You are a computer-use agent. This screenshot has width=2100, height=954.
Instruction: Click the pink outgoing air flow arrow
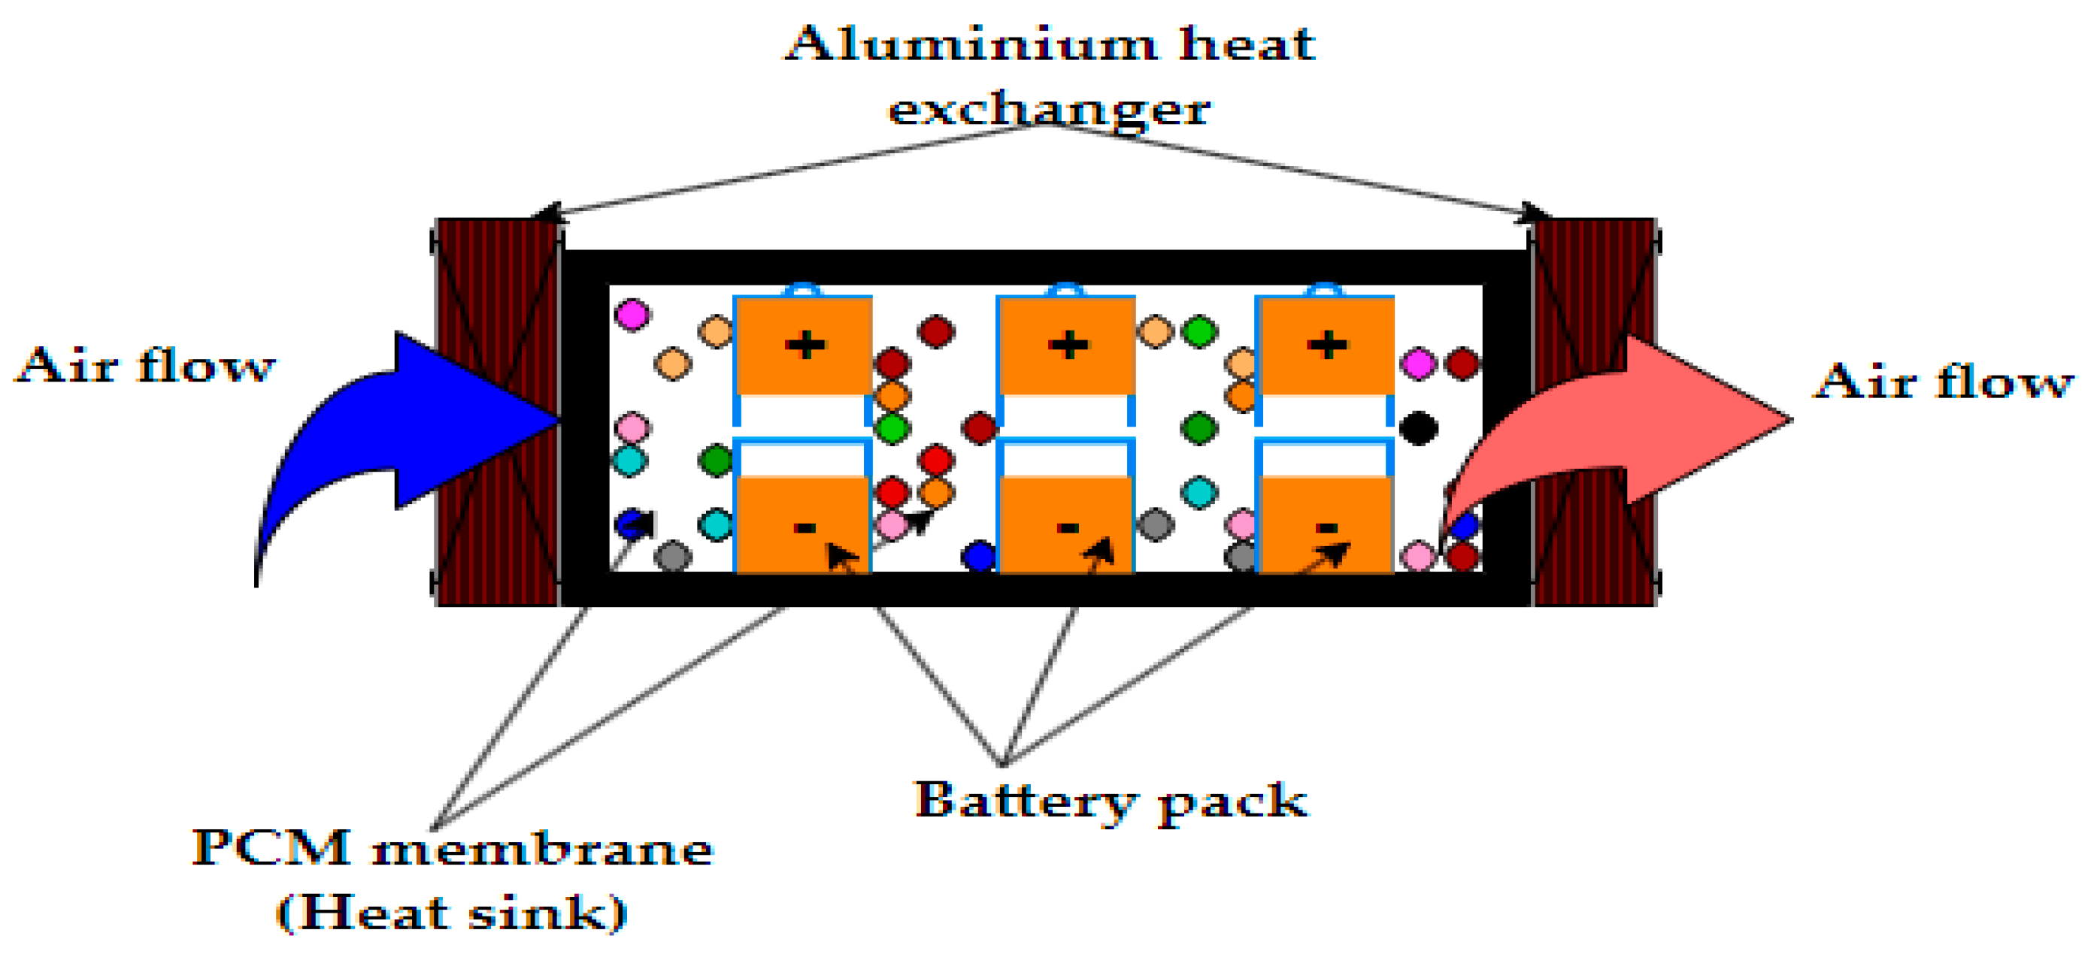1671,424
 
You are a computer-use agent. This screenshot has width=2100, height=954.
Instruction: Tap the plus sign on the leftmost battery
805,346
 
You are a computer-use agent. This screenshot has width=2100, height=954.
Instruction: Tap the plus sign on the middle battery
1068,346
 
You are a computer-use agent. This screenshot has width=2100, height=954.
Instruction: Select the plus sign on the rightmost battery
1327,346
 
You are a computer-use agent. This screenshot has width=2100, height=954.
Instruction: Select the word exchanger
1049,110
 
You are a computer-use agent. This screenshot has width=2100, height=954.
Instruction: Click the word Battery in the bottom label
1024,802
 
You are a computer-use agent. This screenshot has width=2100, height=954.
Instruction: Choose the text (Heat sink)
453,913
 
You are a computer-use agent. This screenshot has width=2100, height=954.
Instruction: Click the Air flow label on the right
1944,382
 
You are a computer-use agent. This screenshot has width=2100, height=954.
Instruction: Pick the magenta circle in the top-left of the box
632,315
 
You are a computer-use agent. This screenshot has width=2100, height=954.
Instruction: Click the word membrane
542,850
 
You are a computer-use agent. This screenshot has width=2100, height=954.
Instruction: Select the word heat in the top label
1247,45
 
